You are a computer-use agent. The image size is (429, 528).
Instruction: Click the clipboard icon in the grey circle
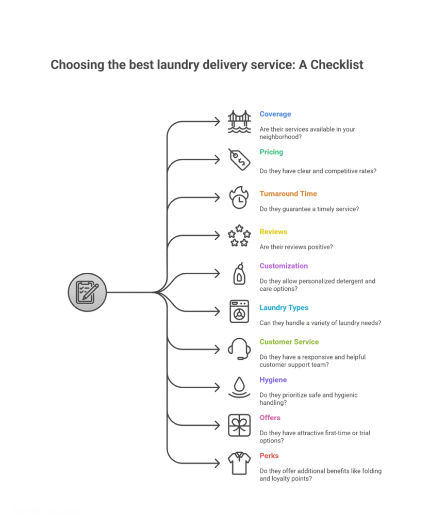click(x=88, y=292)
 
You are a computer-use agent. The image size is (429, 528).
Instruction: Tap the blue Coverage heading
click(x=275, y=114)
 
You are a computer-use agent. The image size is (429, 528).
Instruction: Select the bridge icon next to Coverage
click(x=239, y=122)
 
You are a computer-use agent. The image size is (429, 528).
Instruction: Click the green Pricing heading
click(x=271, y=152)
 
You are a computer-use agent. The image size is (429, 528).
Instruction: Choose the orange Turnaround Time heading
click(x=288, y=194)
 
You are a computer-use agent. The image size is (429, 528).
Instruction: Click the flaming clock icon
click(x=239, y=197)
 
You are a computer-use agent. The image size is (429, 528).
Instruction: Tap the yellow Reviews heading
click(x=273, y=232)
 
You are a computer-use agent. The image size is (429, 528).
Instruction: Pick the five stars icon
click(x=239, y=236)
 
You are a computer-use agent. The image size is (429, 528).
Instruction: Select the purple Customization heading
click(x=284, y=266)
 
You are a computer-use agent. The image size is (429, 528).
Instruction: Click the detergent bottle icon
click(x=239, y=274)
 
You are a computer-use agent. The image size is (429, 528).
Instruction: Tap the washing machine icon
click(x=239, y=311)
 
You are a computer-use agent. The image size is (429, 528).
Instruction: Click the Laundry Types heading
click(x=284, y=308)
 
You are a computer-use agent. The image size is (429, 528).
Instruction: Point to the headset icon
click(x=239, y=349)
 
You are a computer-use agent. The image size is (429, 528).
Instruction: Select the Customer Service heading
click(x=289, y=342)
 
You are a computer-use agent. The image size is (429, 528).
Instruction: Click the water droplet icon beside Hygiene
click(x=239, y=387)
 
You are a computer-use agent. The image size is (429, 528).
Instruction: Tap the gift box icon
click(x=239, y=425)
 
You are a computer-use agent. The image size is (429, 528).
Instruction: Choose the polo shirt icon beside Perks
click(x=239, y=463)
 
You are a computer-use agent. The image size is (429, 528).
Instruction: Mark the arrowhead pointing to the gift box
click(x=218, y=425)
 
